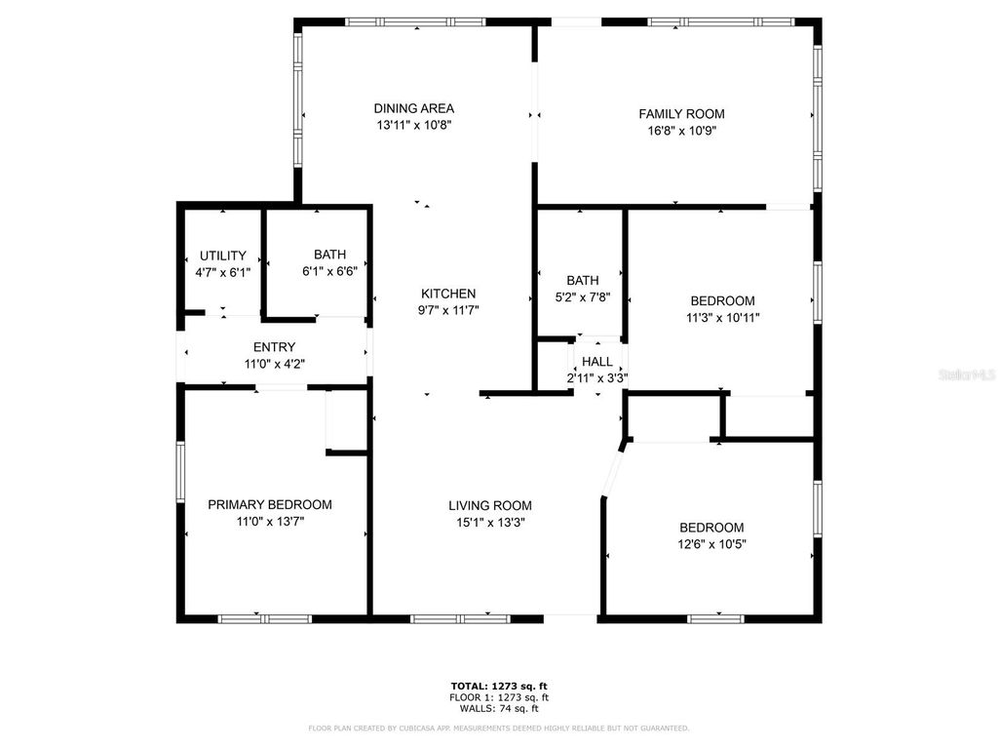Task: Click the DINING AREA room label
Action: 414,108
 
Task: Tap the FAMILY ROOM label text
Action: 681,114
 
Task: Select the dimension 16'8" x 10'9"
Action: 681,131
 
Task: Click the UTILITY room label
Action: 223,256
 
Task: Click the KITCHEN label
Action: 448,294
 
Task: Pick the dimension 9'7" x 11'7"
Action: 448,310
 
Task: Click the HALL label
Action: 597,362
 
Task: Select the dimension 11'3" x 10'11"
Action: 722,317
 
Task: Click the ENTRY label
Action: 274,347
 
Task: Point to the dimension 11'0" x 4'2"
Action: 274,364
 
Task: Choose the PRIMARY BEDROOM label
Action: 270,504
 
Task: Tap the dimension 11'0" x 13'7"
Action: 270,522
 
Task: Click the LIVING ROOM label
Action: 490,505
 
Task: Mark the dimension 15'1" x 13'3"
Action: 490,522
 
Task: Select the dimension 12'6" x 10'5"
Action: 711,543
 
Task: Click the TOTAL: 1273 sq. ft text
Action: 499,686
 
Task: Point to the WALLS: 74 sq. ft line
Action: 499,708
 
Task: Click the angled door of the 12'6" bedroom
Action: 612,471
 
